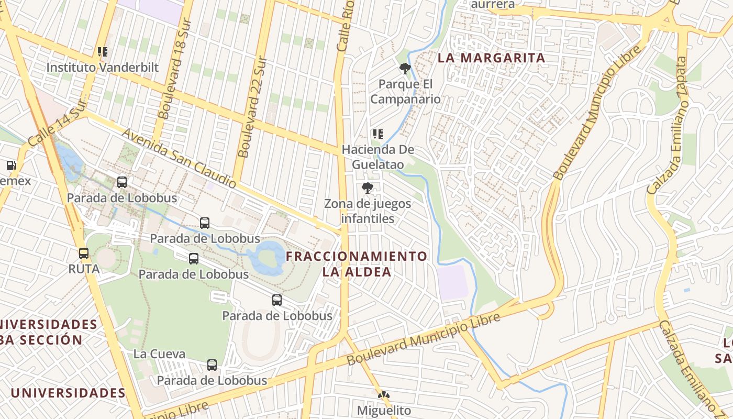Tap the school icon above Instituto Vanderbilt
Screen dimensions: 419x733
(103, 52)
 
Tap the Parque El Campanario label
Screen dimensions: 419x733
(406, 92)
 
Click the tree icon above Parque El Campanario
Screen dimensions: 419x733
(405, 68)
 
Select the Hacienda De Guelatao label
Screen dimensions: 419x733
(378, 157)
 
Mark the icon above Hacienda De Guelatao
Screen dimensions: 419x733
(378, 134)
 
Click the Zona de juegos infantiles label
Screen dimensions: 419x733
(368, 211)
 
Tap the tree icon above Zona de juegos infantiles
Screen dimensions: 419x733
(368, 188)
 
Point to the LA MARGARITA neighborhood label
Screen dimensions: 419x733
(492, 58)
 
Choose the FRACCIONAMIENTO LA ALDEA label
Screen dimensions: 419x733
(357, 264)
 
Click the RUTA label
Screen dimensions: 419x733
(84, 269)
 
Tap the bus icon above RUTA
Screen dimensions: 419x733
(84, 253)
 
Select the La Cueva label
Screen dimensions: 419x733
(159, 354)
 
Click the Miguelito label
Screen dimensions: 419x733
(384, 410)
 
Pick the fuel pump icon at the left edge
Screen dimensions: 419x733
(10, 166)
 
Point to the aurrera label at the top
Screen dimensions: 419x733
(493, 5)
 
